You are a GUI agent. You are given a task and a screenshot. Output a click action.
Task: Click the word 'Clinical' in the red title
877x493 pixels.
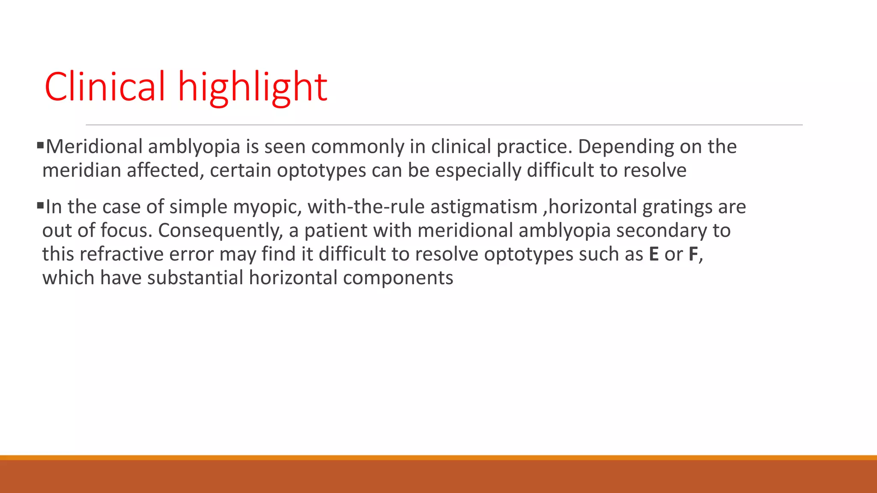(x=104, y=87)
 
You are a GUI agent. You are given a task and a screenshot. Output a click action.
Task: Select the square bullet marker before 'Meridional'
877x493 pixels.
(x=41, y=146)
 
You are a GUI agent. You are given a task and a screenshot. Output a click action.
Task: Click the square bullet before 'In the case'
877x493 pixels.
(x=41, y=206)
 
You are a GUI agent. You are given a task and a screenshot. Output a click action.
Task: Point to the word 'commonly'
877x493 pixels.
(x=357, y=147)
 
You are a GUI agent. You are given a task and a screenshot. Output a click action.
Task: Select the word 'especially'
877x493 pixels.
(x=478, y=170)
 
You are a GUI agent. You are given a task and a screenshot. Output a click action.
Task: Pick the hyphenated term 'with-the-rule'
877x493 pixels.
(x=366, y=207)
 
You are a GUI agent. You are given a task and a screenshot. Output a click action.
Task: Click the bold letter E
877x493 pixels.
(x=653, y=254)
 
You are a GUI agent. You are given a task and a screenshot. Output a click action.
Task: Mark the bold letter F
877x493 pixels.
(x=693, y=254)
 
